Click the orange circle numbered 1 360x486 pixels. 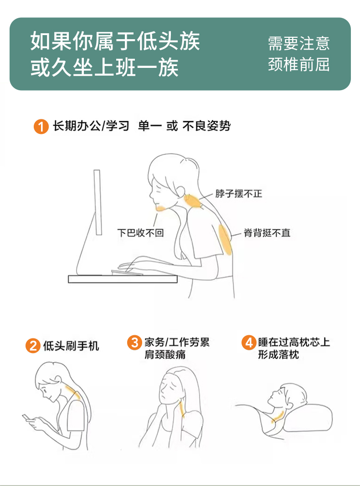(41, 127)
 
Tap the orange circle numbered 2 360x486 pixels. (33, 346)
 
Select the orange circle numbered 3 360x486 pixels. (134, 343)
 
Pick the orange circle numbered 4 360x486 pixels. (249, 343)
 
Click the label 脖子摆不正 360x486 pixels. (239, 194)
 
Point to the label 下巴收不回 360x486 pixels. (140, 233)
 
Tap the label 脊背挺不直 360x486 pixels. (267, 233)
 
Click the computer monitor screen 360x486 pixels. (98, 202)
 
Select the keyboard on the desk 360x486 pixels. (127, 272)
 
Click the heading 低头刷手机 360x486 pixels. (71, 346)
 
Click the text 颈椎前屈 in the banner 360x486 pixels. (298, 65)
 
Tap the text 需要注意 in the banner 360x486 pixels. (298, 43)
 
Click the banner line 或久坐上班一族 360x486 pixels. (104, 67)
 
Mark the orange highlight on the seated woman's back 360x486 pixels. (225, 240)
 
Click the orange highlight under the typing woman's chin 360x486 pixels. (162, 208)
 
